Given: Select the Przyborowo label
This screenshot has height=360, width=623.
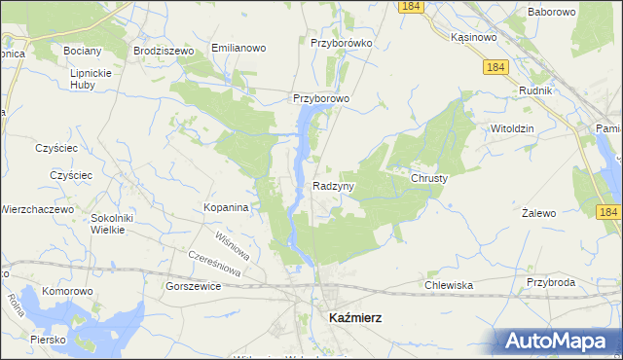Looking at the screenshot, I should [x=321, y=98].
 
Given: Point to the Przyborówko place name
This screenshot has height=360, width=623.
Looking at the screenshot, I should [x=341, y=44].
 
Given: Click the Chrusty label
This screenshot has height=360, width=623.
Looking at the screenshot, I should [x=428, y=178].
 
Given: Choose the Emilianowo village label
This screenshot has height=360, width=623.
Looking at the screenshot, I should [x=238, y=48].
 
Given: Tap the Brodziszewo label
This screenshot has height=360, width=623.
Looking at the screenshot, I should [x=165, y=49].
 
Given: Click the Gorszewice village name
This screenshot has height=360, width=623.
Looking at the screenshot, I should [x=194, y=287].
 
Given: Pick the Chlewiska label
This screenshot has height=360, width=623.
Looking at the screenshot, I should [x=449, y=285].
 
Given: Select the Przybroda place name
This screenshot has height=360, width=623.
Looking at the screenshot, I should [x=552, y=282].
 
